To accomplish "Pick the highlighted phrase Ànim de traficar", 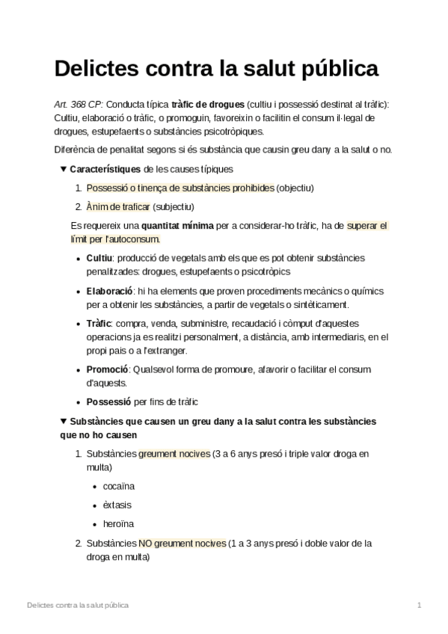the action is [x=118, y=206].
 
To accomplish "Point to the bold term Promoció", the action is [x=108, y=369].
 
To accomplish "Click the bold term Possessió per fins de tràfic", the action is [x=109, y=402].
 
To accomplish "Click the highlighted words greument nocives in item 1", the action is [x=174, y=454].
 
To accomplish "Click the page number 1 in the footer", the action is [x=420, y=604].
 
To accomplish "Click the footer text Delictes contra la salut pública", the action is [x=77, y=604].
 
